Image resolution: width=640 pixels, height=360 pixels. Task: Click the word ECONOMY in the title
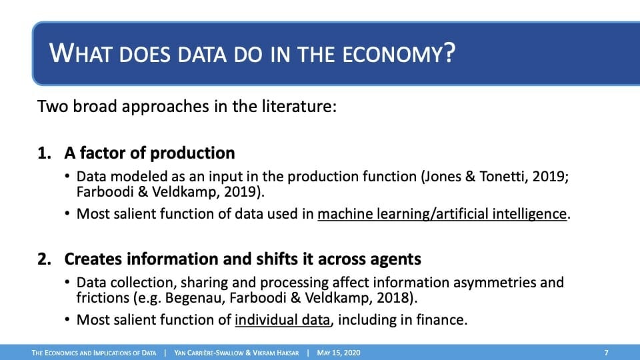click(399, 53)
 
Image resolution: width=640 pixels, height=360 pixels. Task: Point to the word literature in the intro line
click(297, 106)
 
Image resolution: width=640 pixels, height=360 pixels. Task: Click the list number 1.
click(44, 153)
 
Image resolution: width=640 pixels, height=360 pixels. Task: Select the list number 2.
click(44, 259)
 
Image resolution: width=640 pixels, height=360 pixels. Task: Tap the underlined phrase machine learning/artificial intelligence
click(442, 214)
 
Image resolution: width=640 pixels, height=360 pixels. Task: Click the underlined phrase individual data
click(282, 319)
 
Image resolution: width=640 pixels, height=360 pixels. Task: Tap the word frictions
click(103, 297)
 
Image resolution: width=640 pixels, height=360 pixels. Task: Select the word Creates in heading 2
click(93, 259)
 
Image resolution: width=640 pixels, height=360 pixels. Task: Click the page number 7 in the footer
click(606, 353)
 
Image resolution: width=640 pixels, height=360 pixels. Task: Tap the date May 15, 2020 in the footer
click(339, 353)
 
